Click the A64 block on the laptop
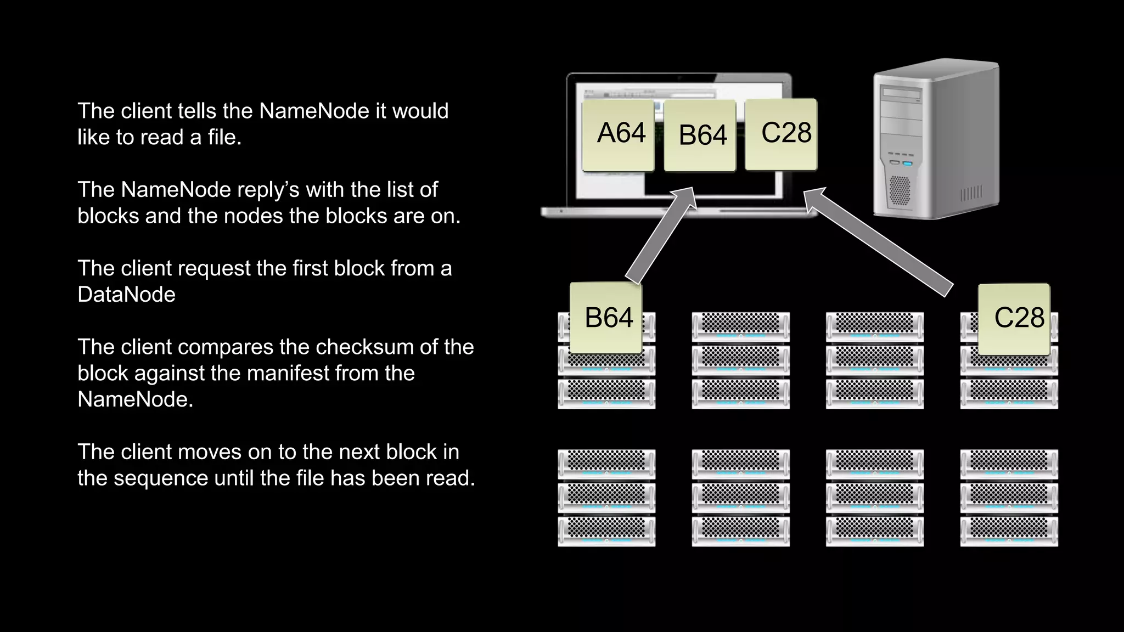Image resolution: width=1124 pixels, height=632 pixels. click(x=619, y=135)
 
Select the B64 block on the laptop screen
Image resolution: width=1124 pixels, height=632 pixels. click(x=700, y=136)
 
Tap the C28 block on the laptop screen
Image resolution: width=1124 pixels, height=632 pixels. click(x=781, y=134)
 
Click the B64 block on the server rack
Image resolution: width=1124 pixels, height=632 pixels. click(x=606, y=318)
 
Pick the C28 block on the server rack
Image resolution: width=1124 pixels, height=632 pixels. click(x=1014, y=319)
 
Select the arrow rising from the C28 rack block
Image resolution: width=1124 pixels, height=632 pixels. click(x=878, y=241)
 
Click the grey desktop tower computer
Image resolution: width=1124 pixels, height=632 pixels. click(x=936, y=140)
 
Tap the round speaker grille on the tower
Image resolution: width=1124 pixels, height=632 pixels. click(x=899, y=190)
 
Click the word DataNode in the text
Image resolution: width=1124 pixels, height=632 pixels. click(x=126, y=295)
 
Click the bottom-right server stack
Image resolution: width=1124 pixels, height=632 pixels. click(x=1009, y=498)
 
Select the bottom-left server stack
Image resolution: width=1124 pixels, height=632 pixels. click(x=606, y=498)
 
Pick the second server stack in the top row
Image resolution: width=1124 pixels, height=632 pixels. click(x=740, y=360)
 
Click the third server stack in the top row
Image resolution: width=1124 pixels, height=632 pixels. click(x=874, y=360)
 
